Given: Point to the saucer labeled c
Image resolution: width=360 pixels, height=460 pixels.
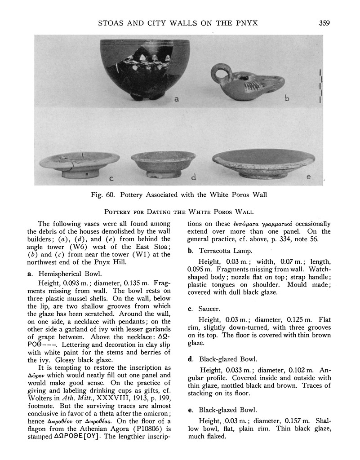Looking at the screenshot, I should pos(79,164).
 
